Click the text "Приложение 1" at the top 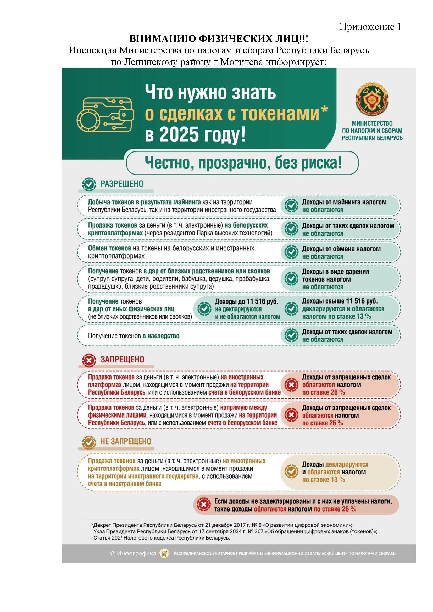(x=370, y=27)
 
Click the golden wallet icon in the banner (x=105, y=114)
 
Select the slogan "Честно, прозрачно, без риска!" (x=243, y=163)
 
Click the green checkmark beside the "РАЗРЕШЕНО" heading (x=89, y=184)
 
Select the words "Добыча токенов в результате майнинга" (x=144, y=202)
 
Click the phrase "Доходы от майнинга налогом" (x=344, y=202)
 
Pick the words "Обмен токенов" (x=110, y=248)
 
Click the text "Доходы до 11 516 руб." (x=247, y=301)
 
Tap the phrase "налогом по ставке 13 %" (x=336, y=317)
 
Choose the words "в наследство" (x=161, y=336)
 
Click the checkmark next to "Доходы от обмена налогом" (x=291, y=252)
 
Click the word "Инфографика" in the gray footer (x=136, y=553)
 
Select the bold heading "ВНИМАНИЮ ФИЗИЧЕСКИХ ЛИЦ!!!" (x=219, y=39)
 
